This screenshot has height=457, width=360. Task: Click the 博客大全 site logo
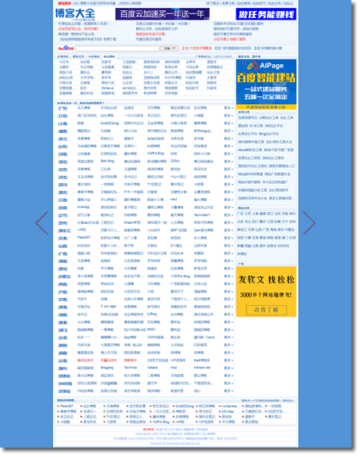75,14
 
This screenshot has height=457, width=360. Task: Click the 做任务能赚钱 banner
266,14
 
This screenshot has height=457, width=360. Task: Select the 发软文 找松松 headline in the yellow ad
267,280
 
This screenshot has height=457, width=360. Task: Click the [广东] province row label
63,108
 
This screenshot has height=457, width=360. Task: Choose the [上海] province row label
63,124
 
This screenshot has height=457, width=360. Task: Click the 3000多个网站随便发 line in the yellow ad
267,295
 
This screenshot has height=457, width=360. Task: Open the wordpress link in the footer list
229,406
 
